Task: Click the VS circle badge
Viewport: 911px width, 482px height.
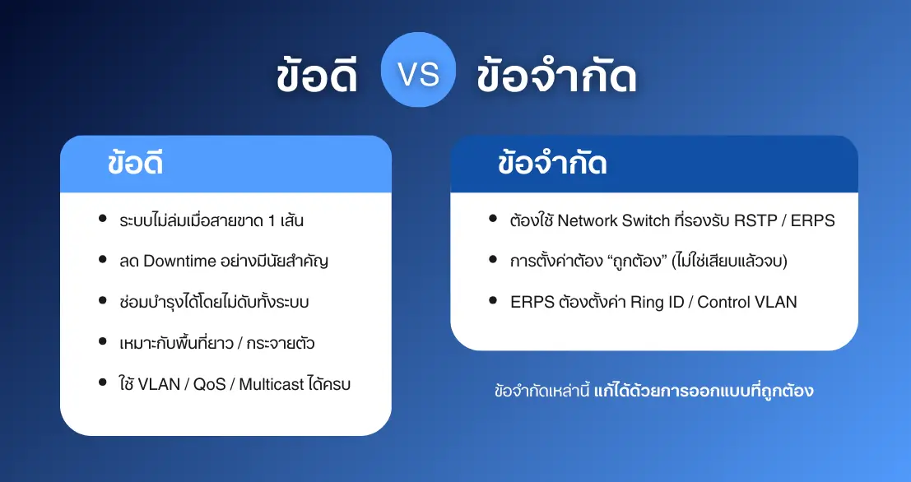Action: click(418, 70)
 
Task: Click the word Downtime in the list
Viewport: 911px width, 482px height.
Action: click(179, 262)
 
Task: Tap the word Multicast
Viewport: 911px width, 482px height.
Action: click(272, 384)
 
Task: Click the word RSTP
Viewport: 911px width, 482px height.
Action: click(756, 220)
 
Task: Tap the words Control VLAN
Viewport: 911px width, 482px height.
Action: click(747, 302)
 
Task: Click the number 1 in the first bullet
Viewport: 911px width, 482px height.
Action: click(272, 220)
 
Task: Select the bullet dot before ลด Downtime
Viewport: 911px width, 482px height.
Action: click(103, 260)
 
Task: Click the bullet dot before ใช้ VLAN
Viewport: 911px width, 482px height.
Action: click(103, 382)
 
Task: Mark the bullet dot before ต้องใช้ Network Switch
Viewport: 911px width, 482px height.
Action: click(493, 219)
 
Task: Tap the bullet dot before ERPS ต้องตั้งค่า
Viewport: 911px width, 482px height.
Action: click(493, 300)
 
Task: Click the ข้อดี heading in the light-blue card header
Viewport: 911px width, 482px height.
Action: click(135, 163)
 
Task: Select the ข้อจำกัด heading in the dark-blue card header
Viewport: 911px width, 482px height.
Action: click(552, 163)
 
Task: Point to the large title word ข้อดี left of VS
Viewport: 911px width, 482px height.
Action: click(317, 76)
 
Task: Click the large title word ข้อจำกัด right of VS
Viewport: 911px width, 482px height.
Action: click(556, 76)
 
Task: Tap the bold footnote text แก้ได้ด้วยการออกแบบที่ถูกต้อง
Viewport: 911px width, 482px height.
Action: click(704, 390)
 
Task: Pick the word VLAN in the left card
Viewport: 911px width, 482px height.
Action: click(159, 384)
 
